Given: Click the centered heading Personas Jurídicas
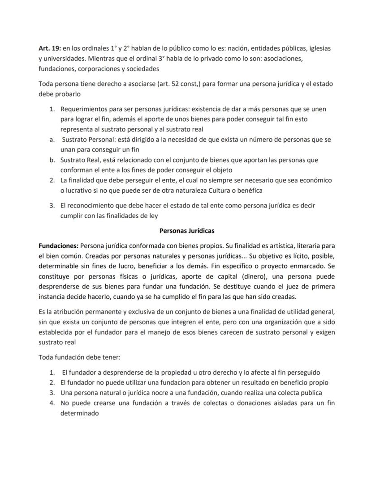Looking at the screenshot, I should tap(187, 231).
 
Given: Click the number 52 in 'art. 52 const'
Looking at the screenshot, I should tap(172, 84).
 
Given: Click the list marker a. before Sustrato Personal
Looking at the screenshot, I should tap(52, 140).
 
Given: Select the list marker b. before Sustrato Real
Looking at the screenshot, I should tap(52, 160).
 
